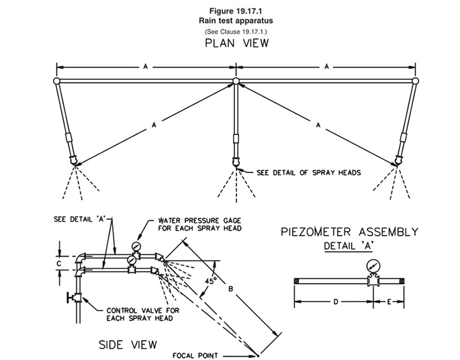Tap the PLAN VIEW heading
pyautogui.click(x=236, y=44)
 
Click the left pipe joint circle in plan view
pyautogui.click(x=56, y=82)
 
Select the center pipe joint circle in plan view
pyautogui.click(x=236, y=82)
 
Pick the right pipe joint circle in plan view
pyautogui.click(x=416, y=82)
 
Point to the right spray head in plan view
pyautogui.click(x=398, y=161)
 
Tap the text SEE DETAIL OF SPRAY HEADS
pyautogui.click(x=309, y=173)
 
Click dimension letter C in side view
pyautogui.click(x=60, y=263)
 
